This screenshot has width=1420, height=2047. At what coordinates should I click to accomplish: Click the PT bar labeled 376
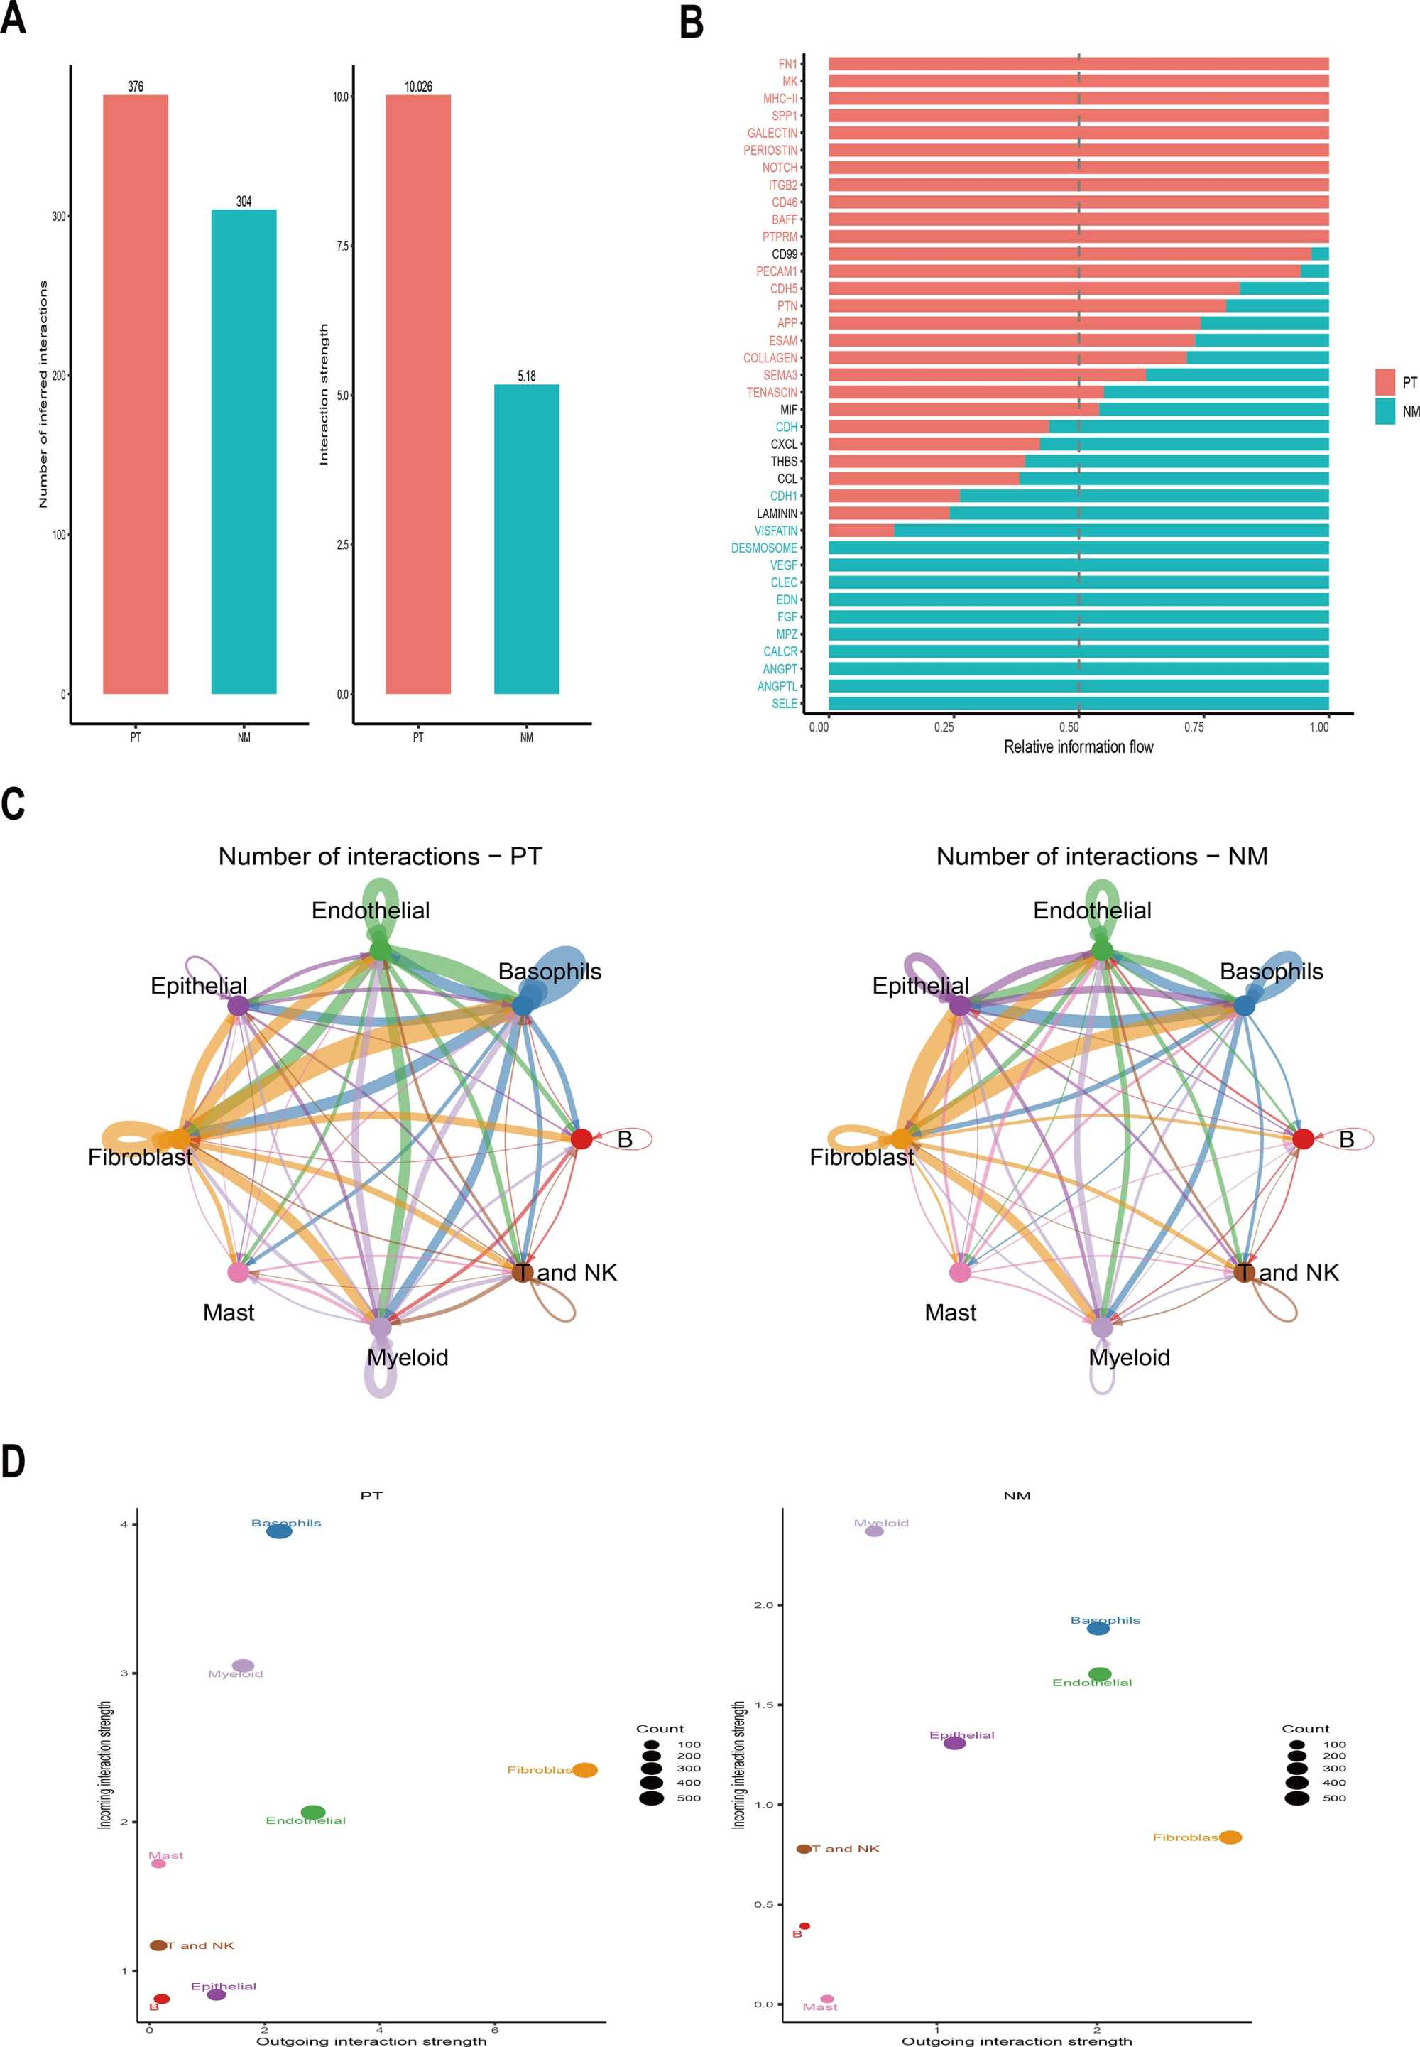point(135,393)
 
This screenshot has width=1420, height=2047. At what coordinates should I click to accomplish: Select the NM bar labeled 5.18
point(526,538)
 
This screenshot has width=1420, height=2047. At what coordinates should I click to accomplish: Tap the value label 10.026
point(418,87)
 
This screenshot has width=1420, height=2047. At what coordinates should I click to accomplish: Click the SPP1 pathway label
point(784,116)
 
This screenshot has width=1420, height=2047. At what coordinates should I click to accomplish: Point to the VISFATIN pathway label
point(776,531)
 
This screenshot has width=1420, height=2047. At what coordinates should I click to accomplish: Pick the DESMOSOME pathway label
point(763,548)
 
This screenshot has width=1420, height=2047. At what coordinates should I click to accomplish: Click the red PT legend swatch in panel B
point(1384,383)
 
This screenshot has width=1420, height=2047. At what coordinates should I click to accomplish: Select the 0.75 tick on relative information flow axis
point(1194,727)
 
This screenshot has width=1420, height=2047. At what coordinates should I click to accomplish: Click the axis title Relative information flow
point(1078,746)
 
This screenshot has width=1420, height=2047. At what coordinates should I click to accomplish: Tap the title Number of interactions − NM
point(1101,856)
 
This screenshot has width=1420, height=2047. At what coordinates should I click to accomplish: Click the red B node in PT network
point(581,1139)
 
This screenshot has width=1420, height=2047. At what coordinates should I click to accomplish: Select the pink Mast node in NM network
point(960,1272)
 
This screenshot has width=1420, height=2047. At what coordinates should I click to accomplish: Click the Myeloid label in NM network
point(1129,1357)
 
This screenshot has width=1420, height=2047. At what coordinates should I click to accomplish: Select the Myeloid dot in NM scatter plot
point(875,1531)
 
